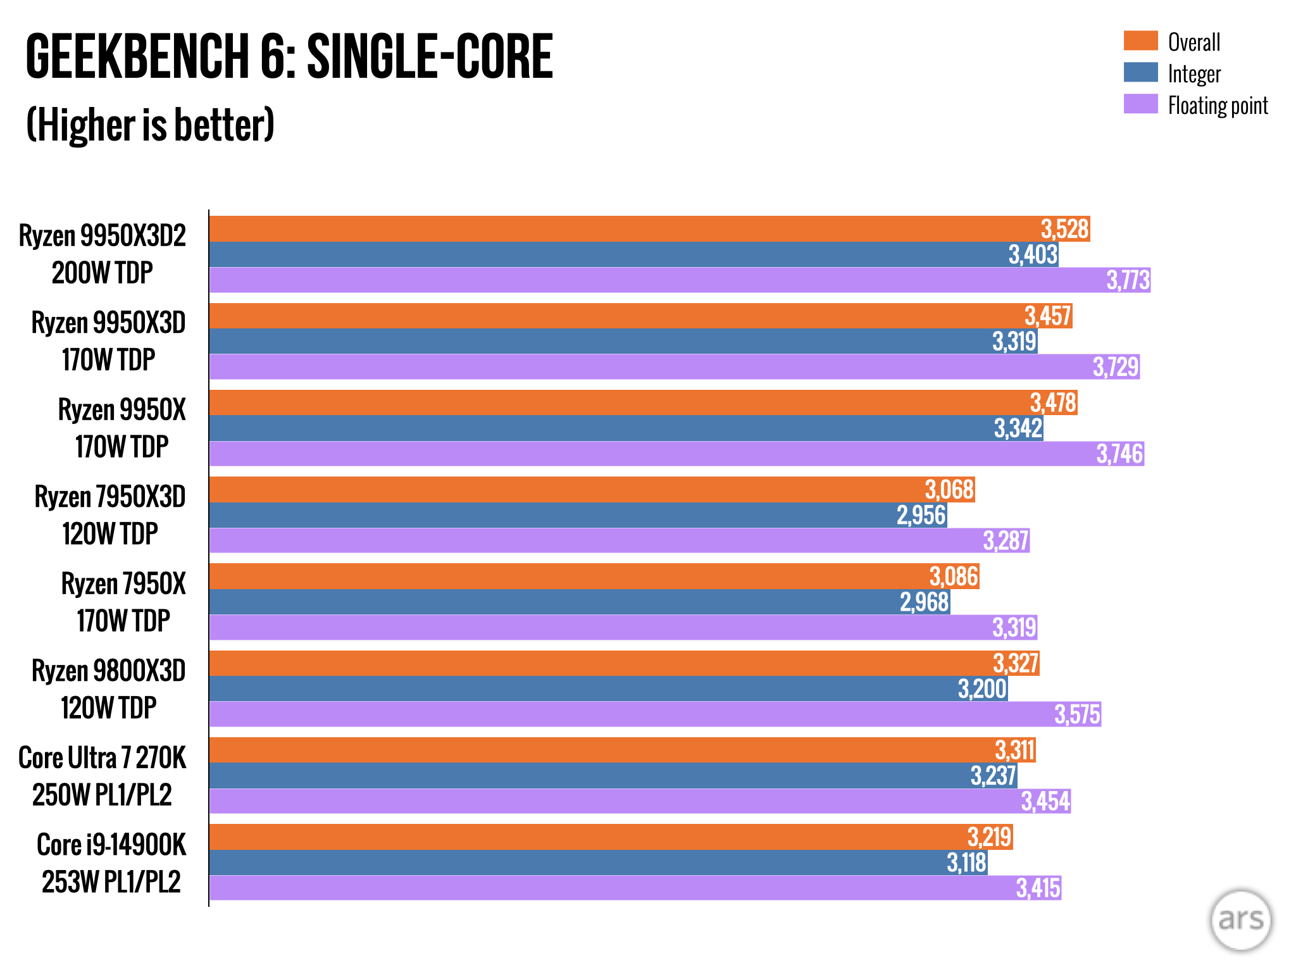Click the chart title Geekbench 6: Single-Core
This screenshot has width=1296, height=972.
pyautogui.click(x=289, y=57)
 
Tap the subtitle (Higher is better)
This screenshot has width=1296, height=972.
pyautogui.click(x=150, y=125)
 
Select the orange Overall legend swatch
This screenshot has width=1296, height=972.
pyautogui.click(x=1140, y=40)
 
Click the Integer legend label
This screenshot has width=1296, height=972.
pyautogui.click(x=1193, y=74)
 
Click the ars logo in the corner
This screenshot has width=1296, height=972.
pyautogui.click(x=1240, y=919)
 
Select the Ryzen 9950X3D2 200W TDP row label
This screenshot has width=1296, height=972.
pyautogui.click(x=103, y=254)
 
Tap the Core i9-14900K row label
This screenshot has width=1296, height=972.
pyautogui.click(x=111, y=863)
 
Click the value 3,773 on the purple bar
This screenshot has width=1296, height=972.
pyautogui.click(x=1128, y=280)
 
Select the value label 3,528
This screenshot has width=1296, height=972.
pyautogui.click(x=1064, y=229)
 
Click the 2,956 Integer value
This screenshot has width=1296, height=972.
pyautogui.click(x=921, y=515)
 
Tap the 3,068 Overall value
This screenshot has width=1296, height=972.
pyautogui.click(x=949, y=490)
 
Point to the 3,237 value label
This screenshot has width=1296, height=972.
pyautogui.click(x=993, y=776)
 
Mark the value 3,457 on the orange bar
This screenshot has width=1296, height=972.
pyautogui.click(x=1047, y=316)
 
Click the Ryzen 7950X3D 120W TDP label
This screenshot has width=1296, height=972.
pyautogui.click(x=109, y=515)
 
